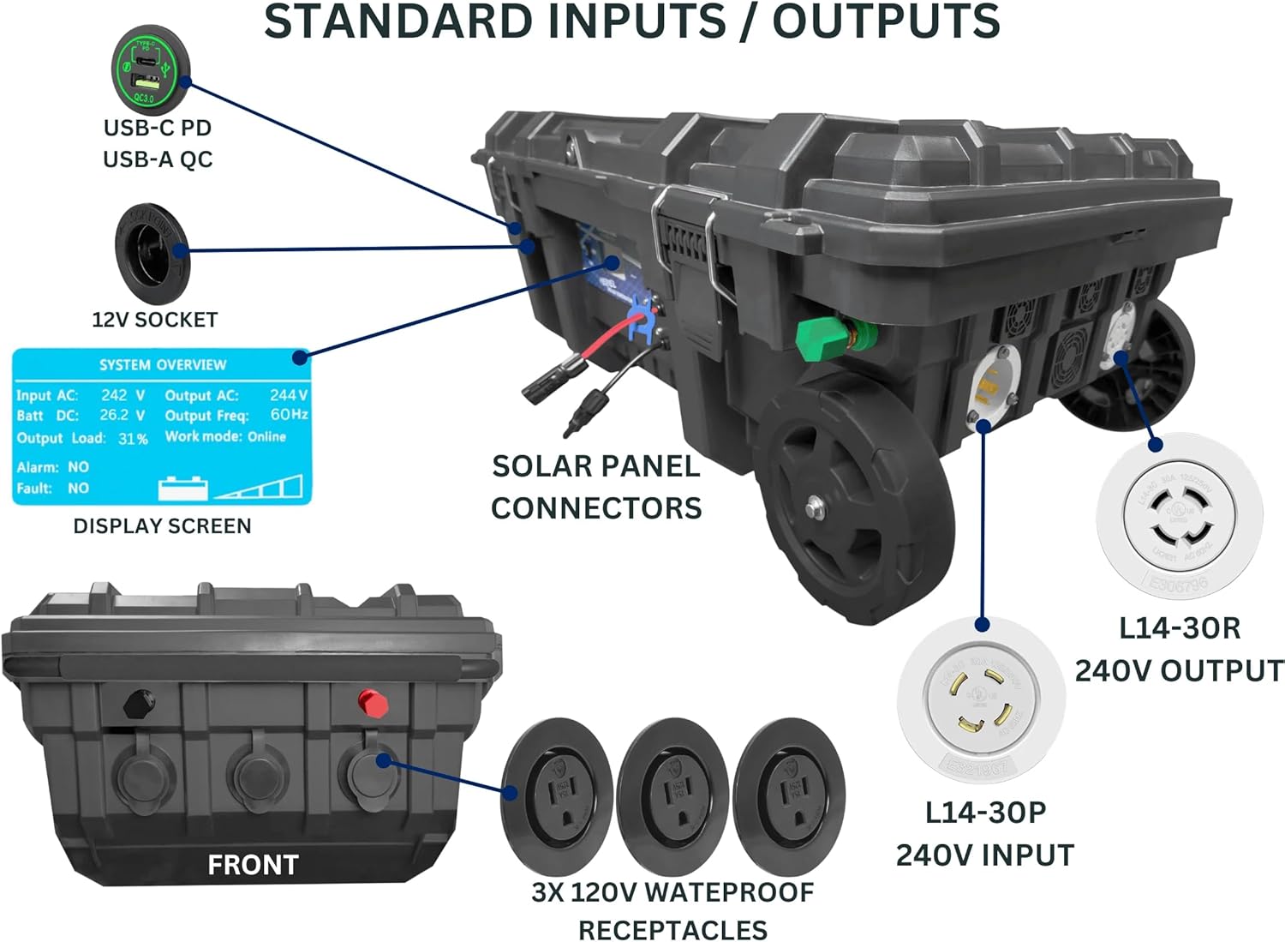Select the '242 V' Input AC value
123,395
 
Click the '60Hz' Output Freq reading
289,415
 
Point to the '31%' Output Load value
133,439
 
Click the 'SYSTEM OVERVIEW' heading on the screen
163,365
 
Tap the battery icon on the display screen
182,488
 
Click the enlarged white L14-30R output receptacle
1180,515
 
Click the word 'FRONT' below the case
253,866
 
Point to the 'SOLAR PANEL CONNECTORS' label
596,487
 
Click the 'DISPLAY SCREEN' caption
162,526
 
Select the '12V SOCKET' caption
155,320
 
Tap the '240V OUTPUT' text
1179,670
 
